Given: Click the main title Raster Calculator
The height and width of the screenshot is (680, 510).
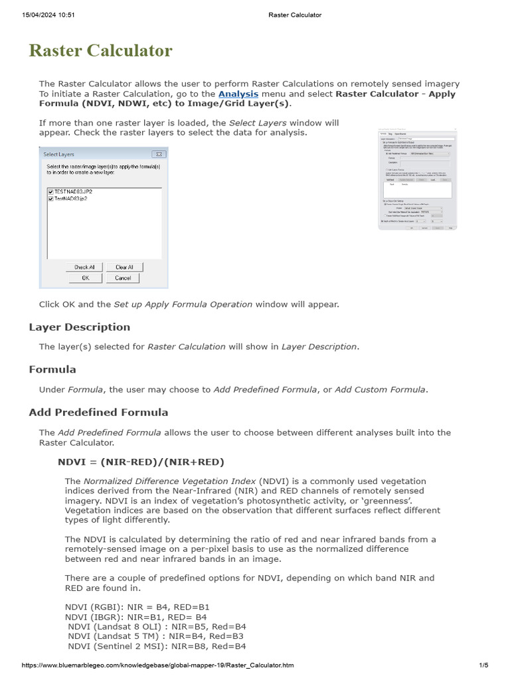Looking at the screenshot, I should click(100, 50).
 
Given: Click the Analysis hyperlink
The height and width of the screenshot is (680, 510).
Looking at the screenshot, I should click(238, 94).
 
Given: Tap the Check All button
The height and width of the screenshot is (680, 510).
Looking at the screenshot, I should click(84, 267).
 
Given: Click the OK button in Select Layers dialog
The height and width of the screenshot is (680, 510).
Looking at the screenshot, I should click(85, 278).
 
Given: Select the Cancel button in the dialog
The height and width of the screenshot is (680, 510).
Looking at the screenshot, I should click(123, 278).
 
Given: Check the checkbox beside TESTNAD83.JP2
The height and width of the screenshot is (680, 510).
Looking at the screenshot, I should click(50, 191).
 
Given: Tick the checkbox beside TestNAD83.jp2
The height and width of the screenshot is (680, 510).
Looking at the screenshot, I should click(50, 198).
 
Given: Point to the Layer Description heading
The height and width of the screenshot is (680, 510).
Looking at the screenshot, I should click(80, 327).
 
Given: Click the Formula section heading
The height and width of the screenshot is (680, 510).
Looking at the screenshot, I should click(52, 369).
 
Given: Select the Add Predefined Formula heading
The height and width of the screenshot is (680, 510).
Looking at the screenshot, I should click(98, 412).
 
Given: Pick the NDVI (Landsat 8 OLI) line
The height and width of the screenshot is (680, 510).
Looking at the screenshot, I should click(157, 626).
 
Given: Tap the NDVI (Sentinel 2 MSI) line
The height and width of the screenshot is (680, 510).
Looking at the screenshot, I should click(157, 645).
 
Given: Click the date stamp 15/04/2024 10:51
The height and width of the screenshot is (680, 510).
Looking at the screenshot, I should click(48, 15).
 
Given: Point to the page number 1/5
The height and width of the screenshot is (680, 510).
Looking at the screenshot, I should click(483, 665).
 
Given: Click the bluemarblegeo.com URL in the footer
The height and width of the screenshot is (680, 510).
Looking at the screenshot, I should click(158, 665).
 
